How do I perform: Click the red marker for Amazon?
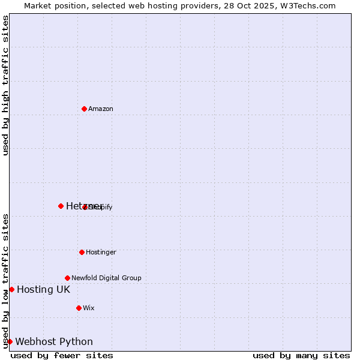click(x=84, y=109)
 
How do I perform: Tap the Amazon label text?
click(x=101, y=109)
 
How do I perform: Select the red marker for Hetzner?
click(x=61, y=206)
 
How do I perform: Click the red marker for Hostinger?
click(x=82, y=252)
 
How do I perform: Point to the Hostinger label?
click(x=101, y=252)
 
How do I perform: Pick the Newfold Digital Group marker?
click(x=67, y=278)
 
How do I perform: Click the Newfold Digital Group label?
click(x=106, y=278)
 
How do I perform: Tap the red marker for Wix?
click(x=79, y=308)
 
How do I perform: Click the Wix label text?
click(x=89, y=308)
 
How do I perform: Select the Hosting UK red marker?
click(x=11, y=289)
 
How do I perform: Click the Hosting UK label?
click(x=43, y=290)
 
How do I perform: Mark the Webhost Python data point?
click(x=10, y=341)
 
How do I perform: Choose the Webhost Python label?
click(x=54, y=342)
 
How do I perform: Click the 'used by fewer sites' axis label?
click(x=62, y=355)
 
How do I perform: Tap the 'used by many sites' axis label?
click(x=301, y=355)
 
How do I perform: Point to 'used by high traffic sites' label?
click(x=6, y=85)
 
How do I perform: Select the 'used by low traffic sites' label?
click(x=6, y=281)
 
